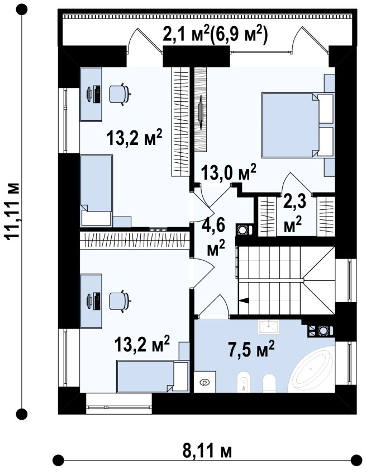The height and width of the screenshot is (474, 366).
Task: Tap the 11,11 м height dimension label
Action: pos(14,212)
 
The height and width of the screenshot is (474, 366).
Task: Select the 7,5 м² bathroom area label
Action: pos(251,349)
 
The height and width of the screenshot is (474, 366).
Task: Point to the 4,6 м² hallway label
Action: pos(216,238)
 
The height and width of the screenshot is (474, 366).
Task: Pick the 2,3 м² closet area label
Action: pos(293,214)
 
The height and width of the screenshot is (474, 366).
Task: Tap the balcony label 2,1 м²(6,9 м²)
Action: pos(215,35)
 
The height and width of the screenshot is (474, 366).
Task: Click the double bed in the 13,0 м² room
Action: pos(297,125)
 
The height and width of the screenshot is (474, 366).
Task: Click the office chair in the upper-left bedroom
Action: pos(120,94)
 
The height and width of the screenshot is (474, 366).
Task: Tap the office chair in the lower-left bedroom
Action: pos(120,301)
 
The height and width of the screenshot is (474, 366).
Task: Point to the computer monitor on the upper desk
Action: pos(89,94)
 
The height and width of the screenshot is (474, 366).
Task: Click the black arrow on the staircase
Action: pos(243,300)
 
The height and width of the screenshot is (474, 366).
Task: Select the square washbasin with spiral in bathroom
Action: pos(205,382)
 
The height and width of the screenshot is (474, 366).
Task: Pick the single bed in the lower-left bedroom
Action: pos(153,377)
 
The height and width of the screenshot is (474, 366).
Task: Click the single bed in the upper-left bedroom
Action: pos(97,190)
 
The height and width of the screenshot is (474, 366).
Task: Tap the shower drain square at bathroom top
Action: pos(268,326)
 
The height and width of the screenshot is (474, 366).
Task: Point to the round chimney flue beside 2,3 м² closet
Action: pos(243,230)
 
